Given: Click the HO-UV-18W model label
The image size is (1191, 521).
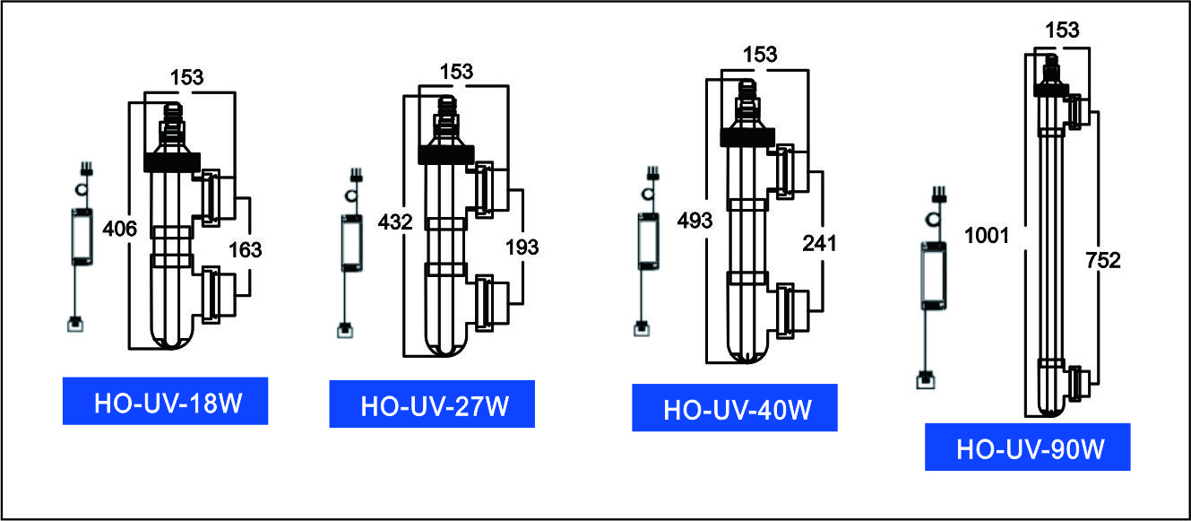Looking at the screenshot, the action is [x=166, y=401].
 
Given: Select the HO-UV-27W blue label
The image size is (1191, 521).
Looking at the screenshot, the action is [x=432, y=404].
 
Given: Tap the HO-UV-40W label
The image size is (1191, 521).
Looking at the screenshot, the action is [x=735, y=408].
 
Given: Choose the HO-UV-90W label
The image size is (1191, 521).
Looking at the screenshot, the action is [x=1028, y=447].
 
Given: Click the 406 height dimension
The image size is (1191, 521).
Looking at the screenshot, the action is [x=119, y=229].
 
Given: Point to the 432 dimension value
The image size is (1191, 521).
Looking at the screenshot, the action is [x=395, y=221].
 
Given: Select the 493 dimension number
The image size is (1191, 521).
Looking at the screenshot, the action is [x=695, y=221].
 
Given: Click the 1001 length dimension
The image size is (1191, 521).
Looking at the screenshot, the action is [x=987, y=235].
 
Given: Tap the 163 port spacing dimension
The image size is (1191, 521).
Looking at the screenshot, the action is [x=246, y=249].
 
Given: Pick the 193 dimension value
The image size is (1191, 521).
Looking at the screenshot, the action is [x=522, y=247].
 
